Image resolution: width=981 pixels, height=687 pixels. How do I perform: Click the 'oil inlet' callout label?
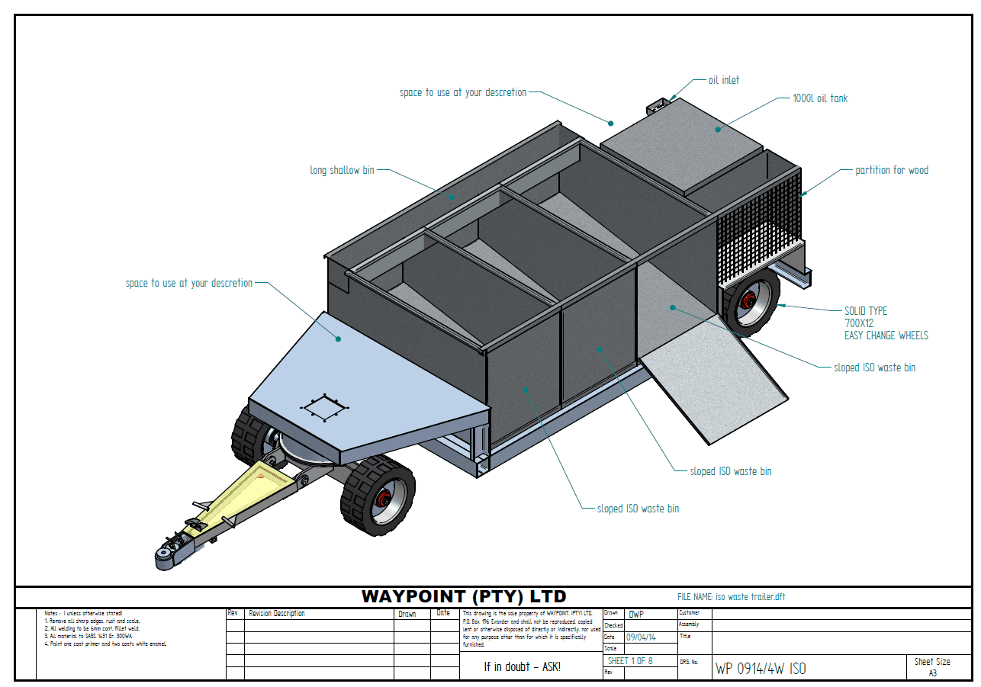tap(723, 80)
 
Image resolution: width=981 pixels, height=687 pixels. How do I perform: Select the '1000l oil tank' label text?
tap(820, 98)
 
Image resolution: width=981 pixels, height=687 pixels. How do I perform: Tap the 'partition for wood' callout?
tap(892, 170)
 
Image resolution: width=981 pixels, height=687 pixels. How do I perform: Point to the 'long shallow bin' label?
tap(342, 170)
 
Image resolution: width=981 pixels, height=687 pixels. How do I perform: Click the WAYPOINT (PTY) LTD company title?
tap(464, 596)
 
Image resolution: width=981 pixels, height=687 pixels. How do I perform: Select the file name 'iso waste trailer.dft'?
tap(750, 597)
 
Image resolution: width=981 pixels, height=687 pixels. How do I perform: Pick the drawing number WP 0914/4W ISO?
tap(760, 669)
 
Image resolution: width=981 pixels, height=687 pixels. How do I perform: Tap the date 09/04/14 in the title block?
tap(641, 637)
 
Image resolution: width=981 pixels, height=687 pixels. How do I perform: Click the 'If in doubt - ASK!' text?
tap(522, 666)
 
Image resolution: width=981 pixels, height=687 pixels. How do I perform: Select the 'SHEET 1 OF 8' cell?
tap(630, 660)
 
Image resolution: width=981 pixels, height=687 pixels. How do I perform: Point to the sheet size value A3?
tap(932, 673)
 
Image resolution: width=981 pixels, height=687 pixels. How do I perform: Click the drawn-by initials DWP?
tap(636, 614)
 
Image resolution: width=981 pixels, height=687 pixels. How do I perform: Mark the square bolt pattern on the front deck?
tap(324, 409)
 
